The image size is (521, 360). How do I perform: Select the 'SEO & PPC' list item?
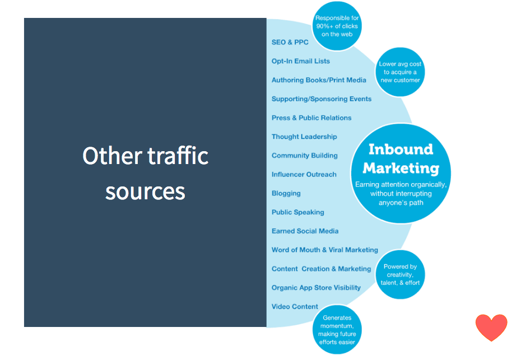point(290,42)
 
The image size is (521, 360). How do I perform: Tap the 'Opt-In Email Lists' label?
point(300,61)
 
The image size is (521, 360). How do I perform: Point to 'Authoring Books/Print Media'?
point(319,80)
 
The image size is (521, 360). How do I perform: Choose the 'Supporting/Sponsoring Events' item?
point(322,99)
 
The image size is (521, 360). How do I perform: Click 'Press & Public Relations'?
point(311,118)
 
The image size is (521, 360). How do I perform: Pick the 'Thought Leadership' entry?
point(304,137)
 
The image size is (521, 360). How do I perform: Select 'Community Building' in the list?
point(304,156)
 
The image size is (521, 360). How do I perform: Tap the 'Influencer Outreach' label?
point(304,174)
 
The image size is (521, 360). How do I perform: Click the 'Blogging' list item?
point(286,194)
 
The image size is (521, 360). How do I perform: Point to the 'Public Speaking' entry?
point(297,212)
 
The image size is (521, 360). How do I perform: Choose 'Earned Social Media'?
point(305,231)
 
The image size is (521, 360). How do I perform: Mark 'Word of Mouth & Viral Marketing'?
point(324,250)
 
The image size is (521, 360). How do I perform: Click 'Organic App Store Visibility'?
point(316,288)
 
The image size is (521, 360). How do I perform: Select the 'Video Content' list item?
point(295,306)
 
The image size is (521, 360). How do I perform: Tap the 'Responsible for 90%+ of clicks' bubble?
point(337,26)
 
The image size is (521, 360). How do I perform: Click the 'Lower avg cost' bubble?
point(400,72)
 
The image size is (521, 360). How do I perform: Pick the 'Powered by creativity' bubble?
point(400,275)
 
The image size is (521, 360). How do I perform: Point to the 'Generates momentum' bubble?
point(337,330)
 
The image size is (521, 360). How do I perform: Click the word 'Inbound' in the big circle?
point(401,149)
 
